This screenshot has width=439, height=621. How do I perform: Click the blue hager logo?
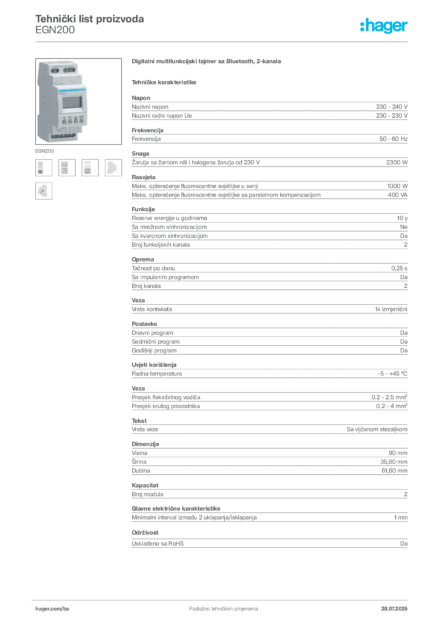[384, 27]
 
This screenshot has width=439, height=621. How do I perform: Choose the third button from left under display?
[73, 120]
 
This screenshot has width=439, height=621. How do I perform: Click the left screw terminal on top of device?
[52, 69]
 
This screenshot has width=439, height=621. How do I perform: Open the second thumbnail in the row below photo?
[66, 167]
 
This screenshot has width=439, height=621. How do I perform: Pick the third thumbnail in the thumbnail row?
[89, 167]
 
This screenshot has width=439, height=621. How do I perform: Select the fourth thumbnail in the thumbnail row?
[113, 167]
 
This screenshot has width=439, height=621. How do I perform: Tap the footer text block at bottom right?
[398, 605]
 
